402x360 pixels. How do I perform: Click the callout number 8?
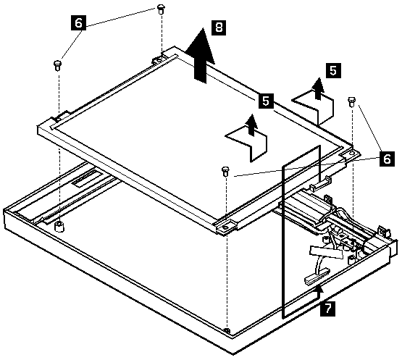pyautogui.click(x=219, y=28)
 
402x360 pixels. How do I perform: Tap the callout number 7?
pyautogui.click(x=327, y=308)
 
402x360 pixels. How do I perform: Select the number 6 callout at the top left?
pyautogui.click(x=79, y=23)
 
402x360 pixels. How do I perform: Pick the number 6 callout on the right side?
pyautogui.click(x=387, y=159)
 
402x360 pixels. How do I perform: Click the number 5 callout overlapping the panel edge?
pyautogui.click(x=266, y=101)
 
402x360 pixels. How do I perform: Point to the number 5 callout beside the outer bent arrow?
pyautogui.click(x=333, y=70)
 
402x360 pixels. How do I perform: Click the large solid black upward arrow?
pyautogui.click(x=200, y=55)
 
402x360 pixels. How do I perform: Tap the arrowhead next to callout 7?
pyautogui.click(x=319, y=289)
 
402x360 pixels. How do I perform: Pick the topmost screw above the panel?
pyautogui.click(x=161, y=9)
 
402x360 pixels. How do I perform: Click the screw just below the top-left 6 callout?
pyautogui.click(x=57, y=66)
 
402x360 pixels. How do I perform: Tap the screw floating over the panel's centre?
pyautogui.click(x=225, y=171)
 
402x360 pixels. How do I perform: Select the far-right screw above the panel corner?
pyautogui.click(x=351, y=101)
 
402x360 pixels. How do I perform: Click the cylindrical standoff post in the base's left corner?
pyautogui.click(x=59, y=227)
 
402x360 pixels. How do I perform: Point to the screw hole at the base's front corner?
pyautogui.click(x=227, y=330)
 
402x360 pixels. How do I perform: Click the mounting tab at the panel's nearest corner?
pyautogui.click(x=225, y=227)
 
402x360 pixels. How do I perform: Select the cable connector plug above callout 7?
pyautogui.click(x=317, y=275)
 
